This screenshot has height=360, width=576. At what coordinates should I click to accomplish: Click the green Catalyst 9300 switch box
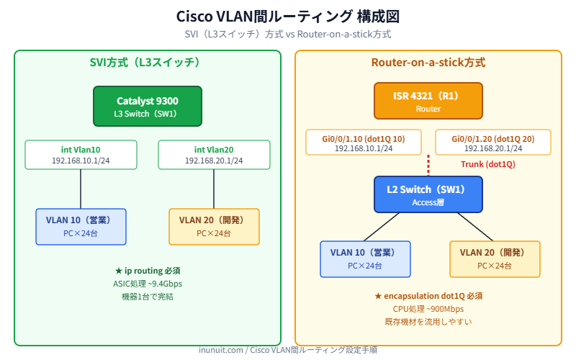pos(147,107)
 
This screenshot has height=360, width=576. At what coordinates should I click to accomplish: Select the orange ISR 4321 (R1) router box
pos(428,101)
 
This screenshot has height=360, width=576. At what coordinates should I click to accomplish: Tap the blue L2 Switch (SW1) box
pos(428,194)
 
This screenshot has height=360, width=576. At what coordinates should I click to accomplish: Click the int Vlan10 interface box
pos(80,155)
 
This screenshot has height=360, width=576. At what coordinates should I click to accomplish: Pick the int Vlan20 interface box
pos(214,155)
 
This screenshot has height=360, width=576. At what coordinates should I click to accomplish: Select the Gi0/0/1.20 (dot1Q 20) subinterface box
pos(492,143)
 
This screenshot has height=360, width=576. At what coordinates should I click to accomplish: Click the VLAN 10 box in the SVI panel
pos(81,227)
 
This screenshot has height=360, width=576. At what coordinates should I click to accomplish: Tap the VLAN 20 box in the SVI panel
pos(214,227)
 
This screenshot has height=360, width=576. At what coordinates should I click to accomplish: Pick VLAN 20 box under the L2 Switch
pos(494,259)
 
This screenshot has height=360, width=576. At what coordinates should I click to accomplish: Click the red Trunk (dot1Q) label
pos(487,164)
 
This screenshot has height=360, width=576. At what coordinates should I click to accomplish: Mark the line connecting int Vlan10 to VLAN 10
pos(81,189)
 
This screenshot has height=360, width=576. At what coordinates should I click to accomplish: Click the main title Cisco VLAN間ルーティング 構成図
pos(287,17)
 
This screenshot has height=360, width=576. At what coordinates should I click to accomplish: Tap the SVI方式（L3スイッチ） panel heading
pos(147,63)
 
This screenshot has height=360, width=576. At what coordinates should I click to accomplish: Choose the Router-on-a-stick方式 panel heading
pos(428,63)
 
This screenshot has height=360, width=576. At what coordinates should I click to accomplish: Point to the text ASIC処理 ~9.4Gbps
pos(148,284)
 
